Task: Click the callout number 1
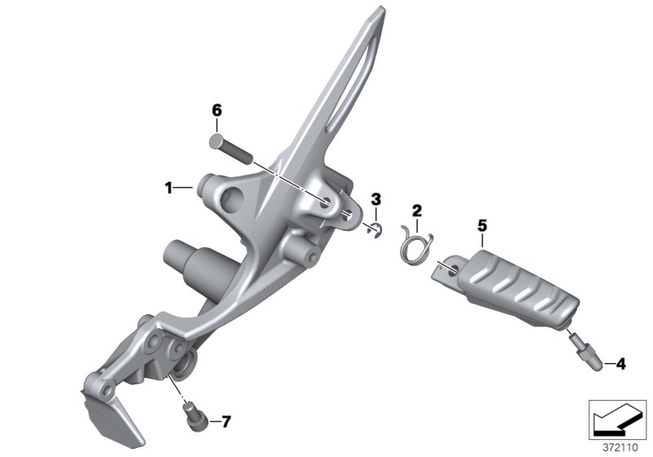click(168, 189)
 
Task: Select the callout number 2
click(416, 211)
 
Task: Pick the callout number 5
click(482, 224)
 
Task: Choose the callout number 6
click(217, 110)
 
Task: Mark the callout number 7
click(226, 422)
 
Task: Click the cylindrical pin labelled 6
click(232, 148)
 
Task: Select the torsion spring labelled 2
click(417, 242)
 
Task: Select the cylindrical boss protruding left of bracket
click(182, 262)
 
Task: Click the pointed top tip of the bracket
click(382, 11)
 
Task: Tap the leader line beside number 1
click(184, 189)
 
